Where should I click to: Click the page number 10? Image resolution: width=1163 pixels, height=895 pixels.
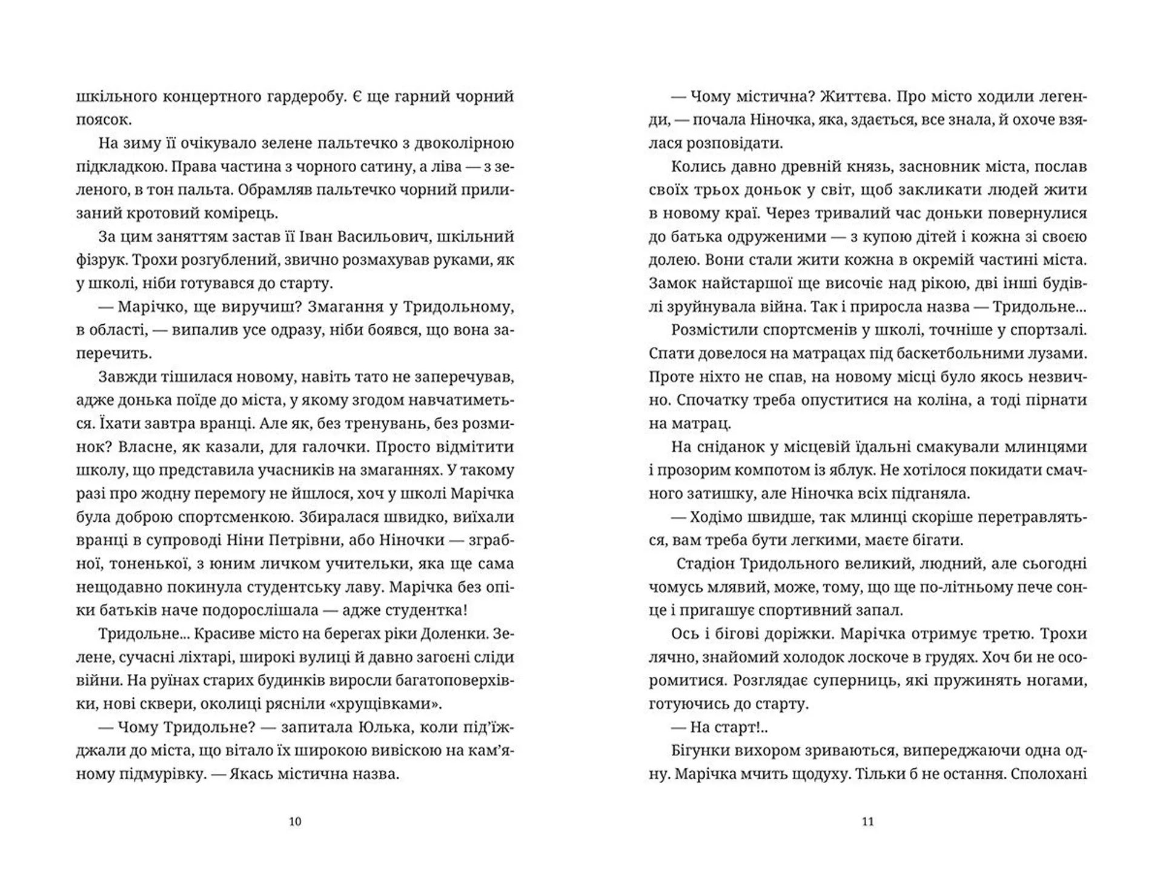(x=295, y=822)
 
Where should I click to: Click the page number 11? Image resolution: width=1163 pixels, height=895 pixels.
(x=867, y=822)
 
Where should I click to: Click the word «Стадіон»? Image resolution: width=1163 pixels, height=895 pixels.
(x=705, y=564)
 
